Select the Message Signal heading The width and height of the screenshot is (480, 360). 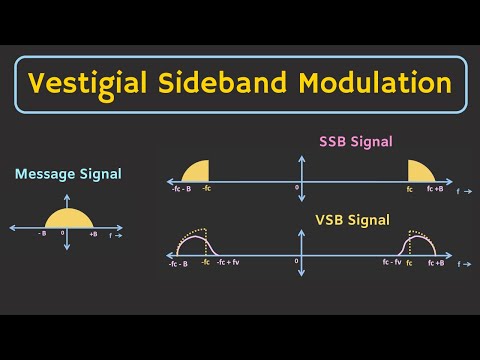coord(69,174)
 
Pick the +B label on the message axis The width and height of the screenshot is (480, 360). coord(92,234)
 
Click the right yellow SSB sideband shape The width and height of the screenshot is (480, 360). coord(419,171)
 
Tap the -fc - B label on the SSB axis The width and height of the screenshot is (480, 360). coord(181,189)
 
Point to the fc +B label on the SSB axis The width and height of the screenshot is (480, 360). coord(436,189)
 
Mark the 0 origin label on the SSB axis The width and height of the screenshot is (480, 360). coord(296,188)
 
